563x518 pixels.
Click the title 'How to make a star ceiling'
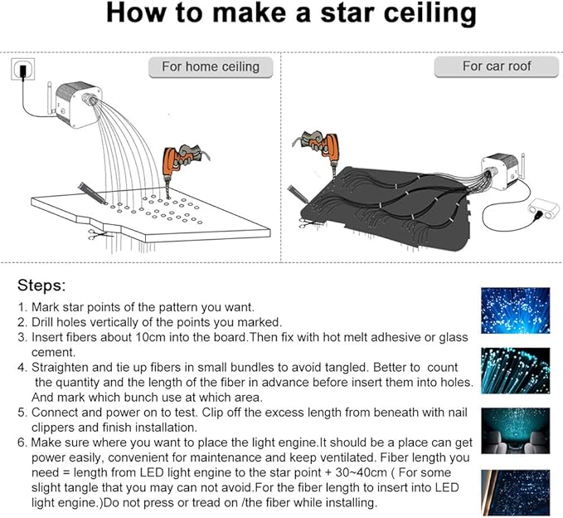pos(291,15)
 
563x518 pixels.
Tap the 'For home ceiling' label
pos(210,66)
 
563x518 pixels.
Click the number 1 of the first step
pos(22,306)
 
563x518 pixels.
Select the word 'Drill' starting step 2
pos(47,321)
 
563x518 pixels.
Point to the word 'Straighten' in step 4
pos(66,367)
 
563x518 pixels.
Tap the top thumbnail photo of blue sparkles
pos(515,310)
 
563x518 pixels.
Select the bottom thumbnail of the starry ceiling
pos(515,491)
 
